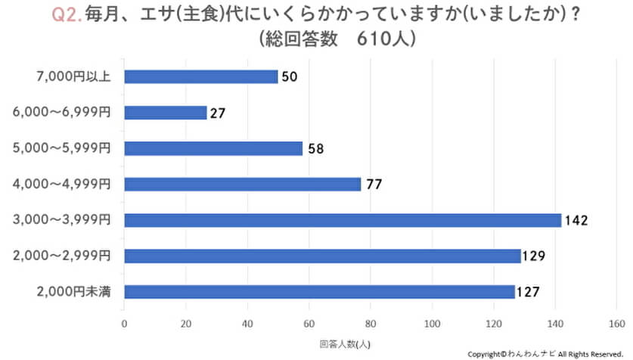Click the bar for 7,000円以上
(201, 76)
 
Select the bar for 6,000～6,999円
(166, 113)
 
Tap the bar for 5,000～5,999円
(213, 148)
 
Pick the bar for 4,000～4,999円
(243, 184)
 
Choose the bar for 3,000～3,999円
(343, 220)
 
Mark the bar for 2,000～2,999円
(323, 256)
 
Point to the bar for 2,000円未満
(320, 291)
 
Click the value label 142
(576, 221)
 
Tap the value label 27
(218, 113)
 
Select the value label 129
(535, 256)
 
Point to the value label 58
(316, 149)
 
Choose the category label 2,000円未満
(73, 291)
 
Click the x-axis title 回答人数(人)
(346, 342)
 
